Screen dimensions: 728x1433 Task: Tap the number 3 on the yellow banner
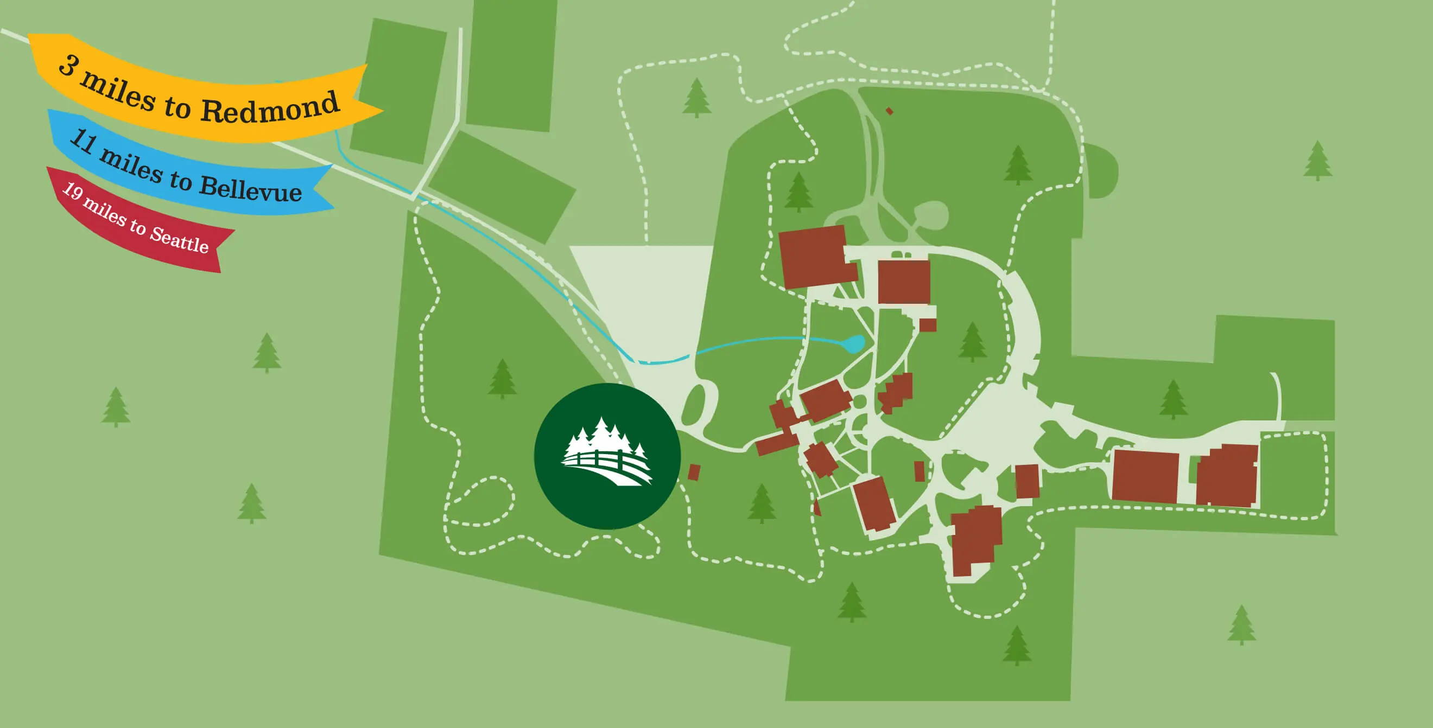tap(68, 65)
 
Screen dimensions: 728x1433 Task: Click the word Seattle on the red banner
tap(179, 239)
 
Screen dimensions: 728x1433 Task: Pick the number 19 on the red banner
tap(72, 192)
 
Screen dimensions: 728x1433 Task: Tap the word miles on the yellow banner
tap(117, 91)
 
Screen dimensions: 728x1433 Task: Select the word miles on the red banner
tap(105, 212)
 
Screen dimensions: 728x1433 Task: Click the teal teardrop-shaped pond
tap(854, 343)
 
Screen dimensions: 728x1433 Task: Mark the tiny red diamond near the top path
tap(890, 111)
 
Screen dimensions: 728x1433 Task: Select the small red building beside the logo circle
tap(694, 472)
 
